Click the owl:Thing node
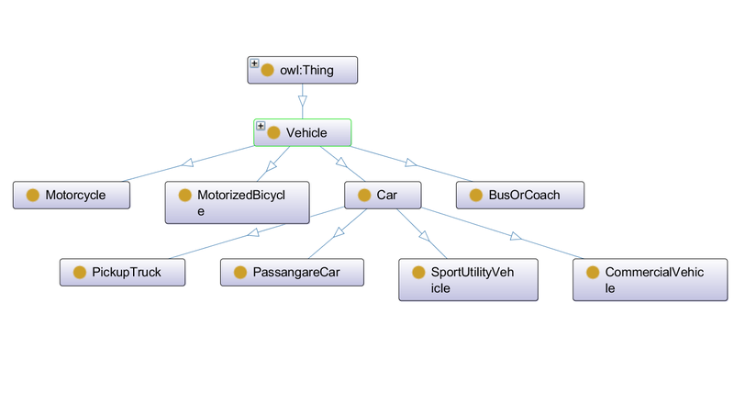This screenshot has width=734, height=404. click(302, 71)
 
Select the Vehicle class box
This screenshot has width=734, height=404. click(303, 132)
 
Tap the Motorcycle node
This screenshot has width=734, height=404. click(72, 195)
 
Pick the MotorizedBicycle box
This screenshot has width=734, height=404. click(238, 202)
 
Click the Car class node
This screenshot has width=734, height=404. click(383, 195)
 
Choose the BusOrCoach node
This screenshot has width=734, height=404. click(520, 195)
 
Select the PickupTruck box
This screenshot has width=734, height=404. click(123, 272)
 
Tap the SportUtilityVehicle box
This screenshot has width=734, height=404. click(468, 279)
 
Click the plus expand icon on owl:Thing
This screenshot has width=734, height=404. click(254, 63)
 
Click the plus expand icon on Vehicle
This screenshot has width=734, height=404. click(261, 126)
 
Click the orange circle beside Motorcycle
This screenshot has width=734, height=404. click(33, 195)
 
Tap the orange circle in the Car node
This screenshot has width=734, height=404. click(364, 195)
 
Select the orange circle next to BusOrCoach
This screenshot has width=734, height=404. click(474, 195)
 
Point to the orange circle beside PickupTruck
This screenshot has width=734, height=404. click(79, 272)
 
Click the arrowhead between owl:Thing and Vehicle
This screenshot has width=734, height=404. click(302, 102)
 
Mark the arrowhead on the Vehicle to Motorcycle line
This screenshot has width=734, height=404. click(187, 163)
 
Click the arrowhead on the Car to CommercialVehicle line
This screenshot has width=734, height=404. click(516, 237)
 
